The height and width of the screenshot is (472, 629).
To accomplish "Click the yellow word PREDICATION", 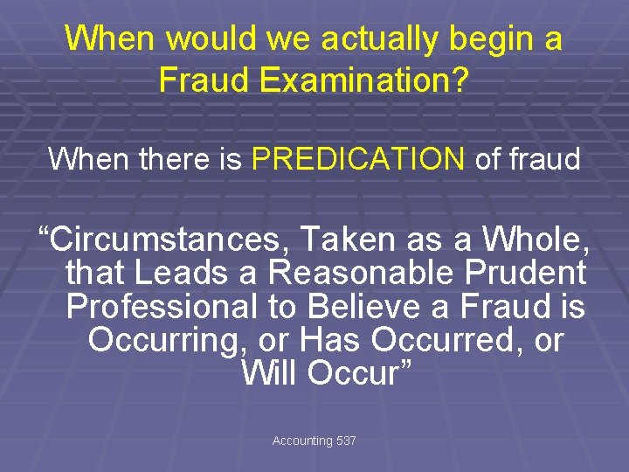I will pyautogui.click(x=358, y=159).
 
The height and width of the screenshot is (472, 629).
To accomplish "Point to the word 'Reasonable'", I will pyautogui.click(x=361, y=274).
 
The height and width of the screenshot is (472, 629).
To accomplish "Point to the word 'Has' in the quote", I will pyautogui.click(x=328, y=340).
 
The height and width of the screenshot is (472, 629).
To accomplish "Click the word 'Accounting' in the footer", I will pyautogui.click(x=302, y=441).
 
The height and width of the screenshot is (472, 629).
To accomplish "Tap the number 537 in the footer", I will pyautogui.click(x=346, y=441).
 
